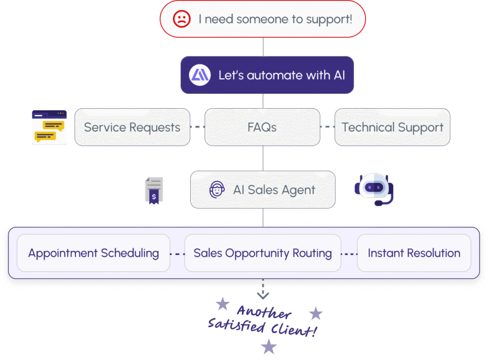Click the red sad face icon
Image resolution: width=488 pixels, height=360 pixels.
point(181,20)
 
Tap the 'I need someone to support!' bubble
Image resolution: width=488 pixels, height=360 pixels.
point(263,20)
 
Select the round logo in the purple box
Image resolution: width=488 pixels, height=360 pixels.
point(200,75)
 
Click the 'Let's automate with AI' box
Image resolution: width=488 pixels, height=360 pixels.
point(267,75)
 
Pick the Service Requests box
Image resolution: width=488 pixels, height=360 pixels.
point(132,127)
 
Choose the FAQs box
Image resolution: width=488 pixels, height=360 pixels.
point(262,127)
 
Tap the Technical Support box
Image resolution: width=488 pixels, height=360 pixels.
point(392,127)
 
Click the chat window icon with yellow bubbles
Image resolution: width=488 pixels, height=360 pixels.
point(49,127)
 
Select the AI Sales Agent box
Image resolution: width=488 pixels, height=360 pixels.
point(263,190)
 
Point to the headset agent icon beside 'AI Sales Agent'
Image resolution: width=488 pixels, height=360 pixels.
point(217,190)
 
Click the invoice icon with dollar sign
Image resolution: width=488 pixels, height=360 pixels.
point(153,190)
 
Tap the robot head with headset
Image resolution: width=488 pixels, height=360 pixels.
point(375,189)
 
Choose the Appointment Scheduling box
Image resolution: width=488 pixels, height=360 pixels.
point(93,253)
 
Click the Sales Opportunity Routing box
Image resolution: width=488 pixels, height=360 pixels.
point(263,253)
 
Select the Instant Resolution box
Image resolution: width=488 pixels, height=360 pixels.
point(414,253)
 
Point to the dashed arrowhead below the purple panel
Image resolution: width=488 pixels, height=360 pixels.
point(263,295)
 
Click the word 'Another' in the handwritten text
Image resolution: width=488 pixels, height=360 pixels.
point(264,313)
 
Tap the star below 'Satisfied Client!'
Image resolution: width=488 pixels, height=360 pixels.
point(269,346)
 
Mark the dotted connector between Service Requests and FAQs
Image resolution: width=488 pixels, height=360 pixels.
point(197,127)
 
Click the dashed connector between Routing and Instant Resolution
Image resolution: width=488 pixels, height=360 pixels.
point(349,253)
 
